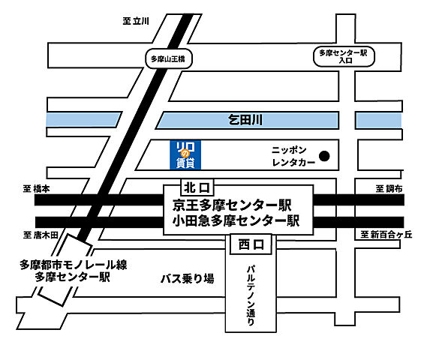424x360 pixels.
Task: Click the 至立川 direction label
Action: (x=137, y=22)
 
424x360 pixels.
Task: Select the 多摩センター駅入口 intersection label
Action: (x=342, y=57)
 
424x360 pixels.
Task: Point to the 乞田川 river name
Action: (x=247, y=119)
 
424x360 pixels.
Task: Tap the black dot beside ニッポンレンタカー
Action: (x=325, y=156)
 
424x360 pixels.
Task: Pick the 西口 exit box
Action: (x=248, y=244)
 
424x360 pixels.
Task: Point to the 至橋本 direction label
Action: (x=36, y=190)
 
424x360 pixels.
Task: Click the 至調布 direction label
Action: (x=390, y=190)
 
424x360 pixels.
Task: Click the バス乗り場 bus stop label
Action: (x=188, y=278)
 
